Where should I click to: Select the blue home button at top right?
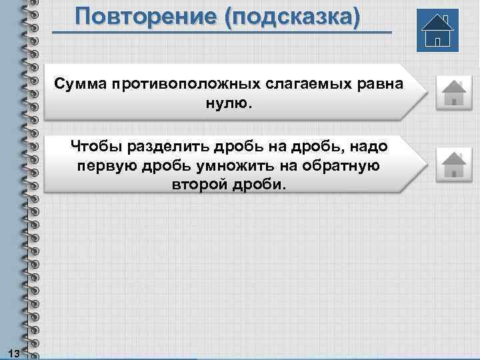click(437, 30)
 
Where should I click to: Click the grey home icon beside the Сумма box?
click(453, 93)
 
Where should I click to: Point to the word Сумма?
click(83, 85)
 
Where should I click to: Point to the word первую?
click(107, 165)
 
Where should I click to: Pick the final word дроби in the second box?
click(259, 183)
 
